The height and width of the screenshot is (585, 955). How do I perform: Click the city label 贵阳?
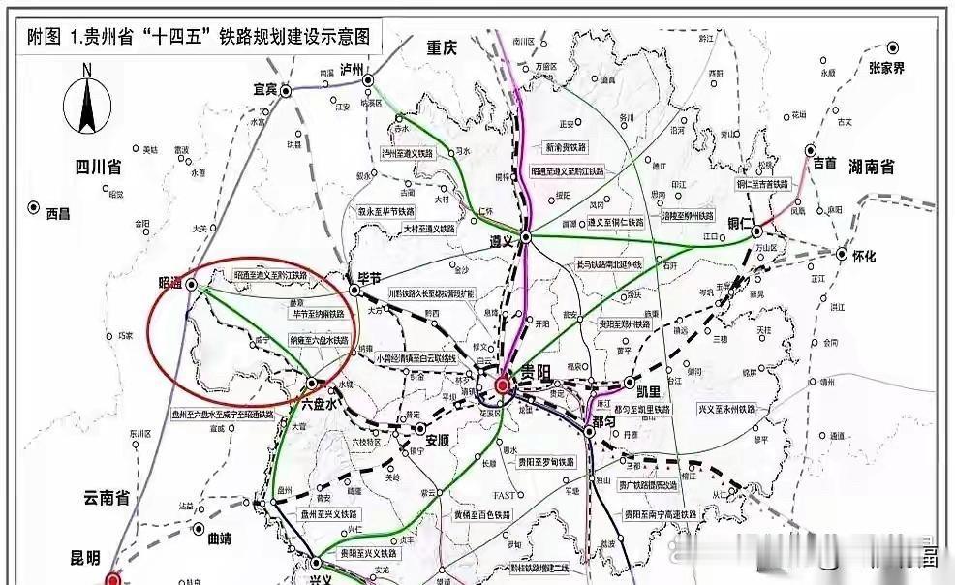[x=533, y=374]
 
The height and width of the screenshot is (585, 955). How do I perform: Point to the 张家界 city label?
[x=885, y=68]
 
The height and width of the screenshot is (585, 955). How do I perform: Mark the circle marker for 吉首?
[x=811, y=151]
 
